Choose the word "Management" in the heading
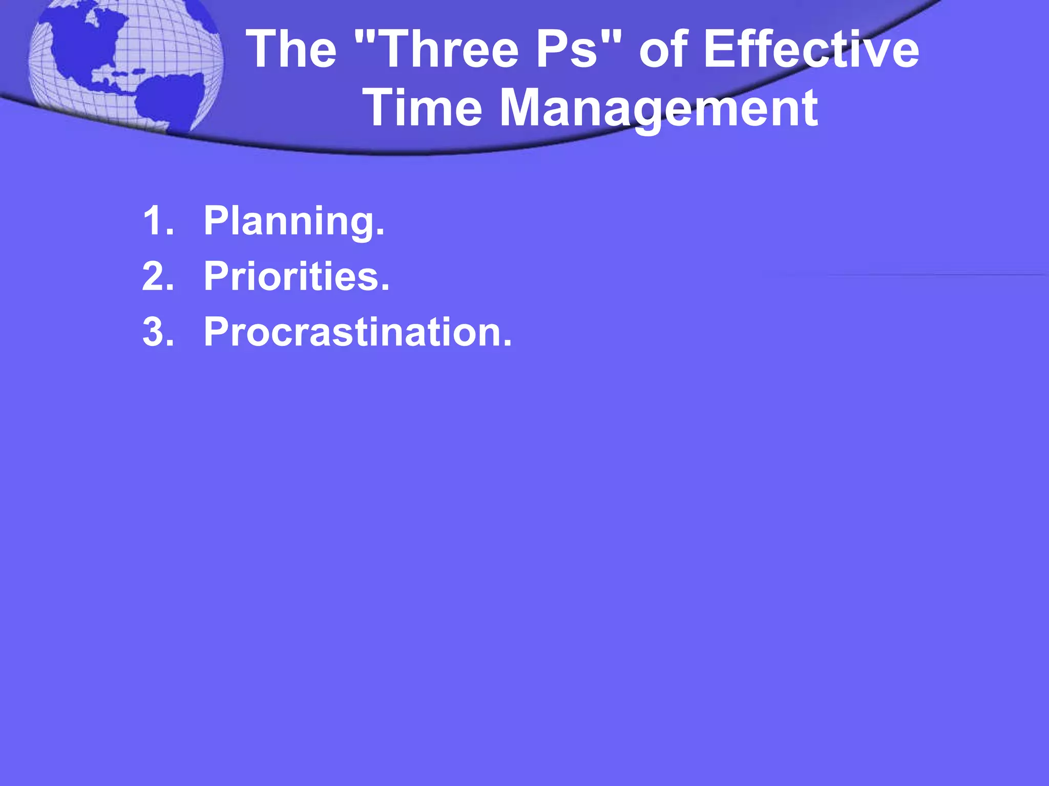click(x=658, y=108)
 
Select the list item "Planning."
click(x=294, y=221)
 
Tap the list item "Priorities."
click(x=297, y=276)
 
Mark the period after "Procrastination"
click(x=507, y=344)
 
